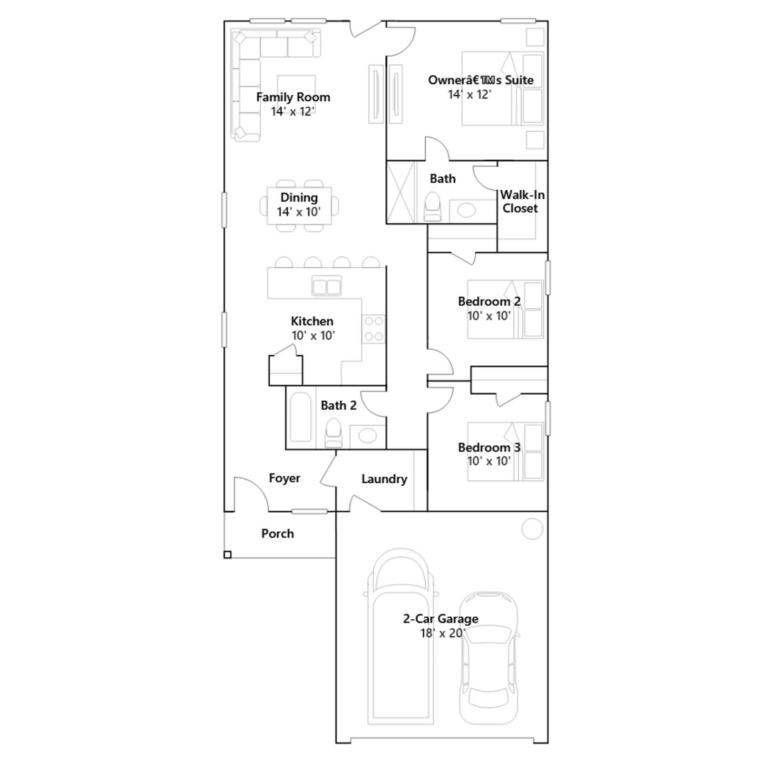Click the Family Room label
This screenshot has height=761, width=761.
pos(293,97)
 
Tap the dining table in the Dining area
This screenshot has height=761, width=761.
pos(299,206)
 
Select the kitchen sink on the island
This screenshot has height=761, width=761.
pos(326,286)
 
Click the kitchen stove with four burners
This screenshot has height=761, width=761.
pos(374,329)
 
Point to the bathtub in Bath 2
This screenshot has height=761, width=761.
pos(300,417)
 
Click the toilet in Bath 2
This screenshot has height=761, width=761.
pos(333,432)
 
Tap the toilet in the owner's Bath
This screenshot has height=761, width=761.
pos(432,206)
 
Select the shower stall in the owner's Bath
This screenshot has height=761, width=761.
pos(401,192)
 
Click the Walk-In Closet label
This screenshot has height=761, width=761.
pos(522,201)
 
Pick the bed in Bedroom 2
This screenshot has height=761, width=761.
pos(505,309)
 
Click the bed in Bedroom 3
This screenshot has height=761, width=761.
pos(505,451)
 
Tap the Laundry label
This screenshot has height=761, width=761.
pos(384,479)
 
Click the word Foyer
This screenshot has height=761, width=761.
pos(284,478)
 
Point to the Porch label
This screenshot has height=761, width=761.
pos(278,534)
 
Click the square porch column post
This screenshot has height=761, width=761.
pos(227,555)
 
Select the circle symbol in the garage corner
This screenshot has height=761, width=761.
pos(532,529)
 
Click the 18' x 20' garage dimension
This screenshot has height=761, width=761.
pos(443,633)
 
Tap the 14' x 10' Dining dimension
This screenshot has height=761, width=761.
pos(299,212)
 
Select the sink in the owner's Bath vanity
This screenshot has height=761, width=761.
pos(466,210)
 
